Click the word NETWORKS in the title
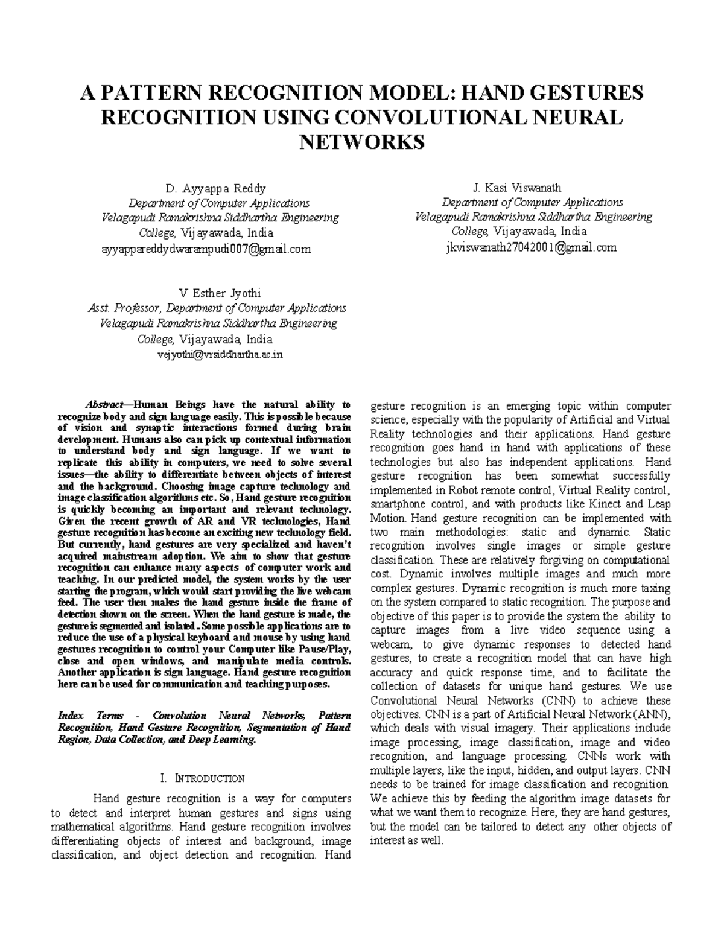362,142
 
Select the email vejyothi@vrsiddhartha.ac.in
219,354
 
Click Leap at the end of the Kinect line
659,504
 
